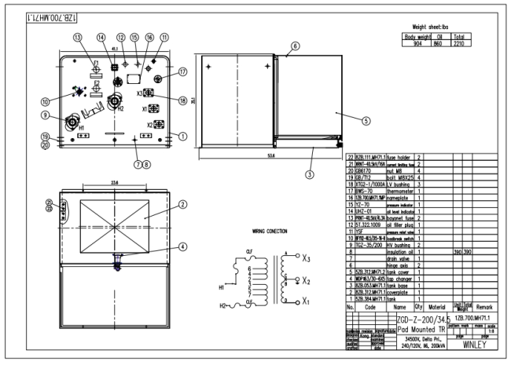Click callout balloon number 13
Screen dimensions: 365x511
pyautogui.click(x=77, y=37)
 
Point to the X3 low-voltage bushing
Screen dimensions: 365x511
pyautogui.click(x=149, y=93)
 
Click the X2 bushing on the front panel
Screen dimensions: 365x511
pyautogui.click(x=156, y=125)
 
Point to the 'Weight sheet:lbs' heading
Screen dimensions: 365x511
pyautogui.click(x=440, y=27)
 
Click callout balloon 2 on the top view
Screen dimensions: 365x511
pyautogui.click(x=182, y=204)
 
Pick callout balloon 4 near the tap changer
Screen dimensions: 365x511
pyautogui.click(x=182, y=245)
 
